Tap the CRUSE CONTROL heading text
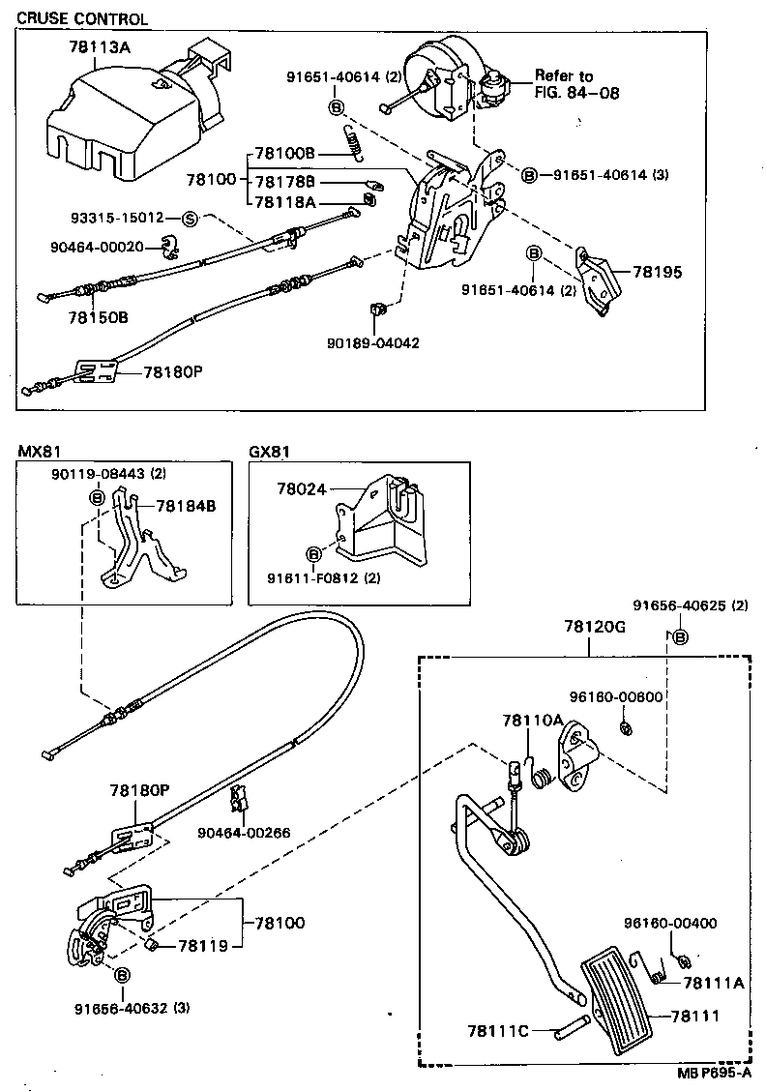[84, 18]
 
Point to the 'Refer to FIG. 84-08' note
[576, 84]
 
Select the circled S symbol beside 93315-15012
[190, 219]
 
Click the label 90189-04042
[372, 342]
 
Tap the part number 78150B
[98, 317]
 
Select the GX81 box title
[270, 452]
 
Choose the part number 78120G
[596, 627]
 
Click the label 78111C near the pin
[497, 1031]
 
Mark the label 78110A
[532, 721]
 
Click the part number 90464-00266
[244, 832]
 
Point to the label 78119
[202, 945]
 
